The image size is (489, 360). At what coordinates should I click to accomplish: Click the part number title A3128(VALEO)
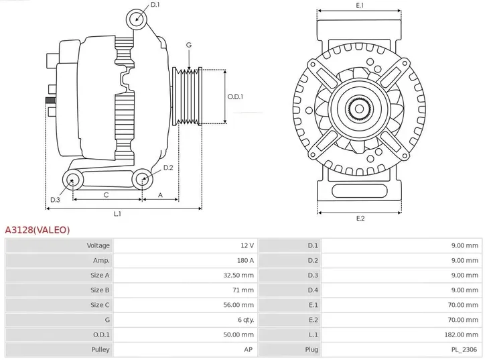pyautogui.click(x=38, y=230)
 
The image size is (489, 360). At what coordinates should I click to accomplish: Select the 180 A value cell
pyautogui.click(x=246, y=260)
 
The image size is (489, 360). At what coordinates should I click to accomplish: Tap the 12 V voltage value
pyautogui.click(x=248, y=245)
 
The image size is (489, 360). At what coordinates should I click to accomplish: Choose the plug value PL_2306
pyautogui.click(x=466, y=349)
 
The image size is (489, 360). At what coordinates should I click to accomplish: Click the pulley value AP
pyautogui.click(x=249, y=349)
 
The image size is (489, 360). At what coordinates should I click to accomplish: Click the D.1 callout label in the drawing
pyautogui.click(x=155, y=5)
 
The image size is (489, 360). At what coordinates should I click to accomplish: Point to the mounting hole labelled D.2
pyautogui.click(x=141, y=178)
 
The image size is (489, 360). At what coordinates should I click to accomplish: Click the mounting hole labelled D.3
pyautogui.click(x=72, y=179)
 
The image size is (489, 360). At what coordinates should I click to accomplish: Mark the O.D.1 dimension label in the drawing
pyautogui.click(x=235, y=97)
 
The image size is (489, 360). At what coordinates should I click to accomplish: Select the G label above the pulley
pyautogui.click(x=189, y=45)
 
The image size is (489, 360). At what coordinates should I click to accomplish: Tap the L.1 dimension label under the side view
pyautogui.click(x=117, y=213)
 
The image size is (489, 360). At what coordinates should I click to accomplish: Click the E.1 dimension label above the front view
pyautogui.click(x=360, y=5)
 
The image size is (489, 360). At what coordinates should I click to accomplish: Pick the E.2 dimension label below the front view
pyautogui.click(x=360, y=219)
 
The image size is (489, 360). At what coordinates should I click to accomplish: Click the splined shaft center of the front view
pyautogui.click(x=360, y=107)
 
